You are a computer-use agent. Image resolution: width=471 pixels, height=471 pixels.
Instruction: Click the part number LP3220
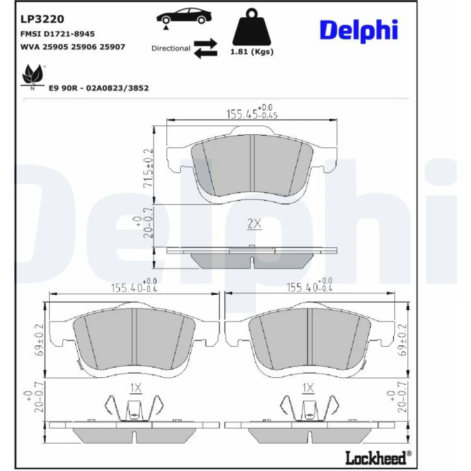point(42,19)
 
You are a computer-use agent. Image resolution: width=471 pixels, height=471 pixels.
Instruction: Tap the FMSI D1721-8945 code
point(57,33)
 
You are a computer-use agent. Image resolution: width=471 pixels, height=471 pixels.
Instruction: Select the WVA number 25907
point(113,47)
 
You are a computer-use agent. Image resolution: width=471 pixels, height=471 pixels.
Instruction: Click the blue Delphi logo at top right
point(359,30)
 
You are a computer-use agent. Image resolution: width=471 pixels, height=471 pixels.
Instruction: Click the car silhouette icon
point(184,17)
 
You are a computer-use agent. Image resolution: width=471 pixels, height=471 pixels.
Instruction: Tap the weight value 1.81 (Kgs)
point(252,52)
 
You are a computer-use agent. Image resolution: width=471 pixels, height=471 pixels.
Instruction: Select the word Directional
point(171,49)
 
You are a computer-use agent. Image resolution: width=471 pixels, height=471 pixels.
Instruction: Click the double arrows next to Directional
point(205,49)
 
